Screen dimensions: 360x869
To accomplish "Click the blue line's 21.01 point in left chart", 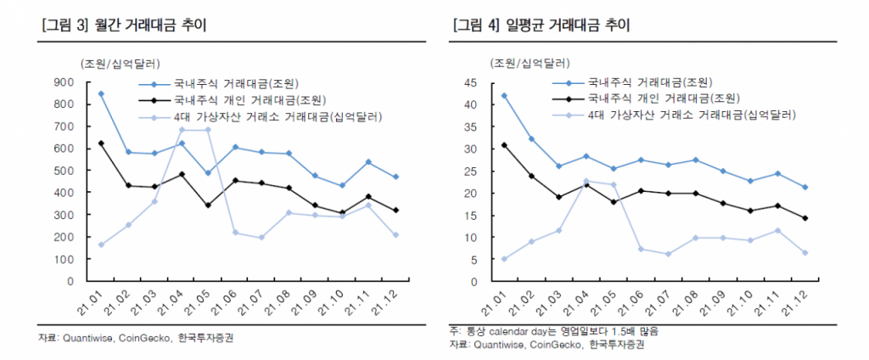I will [101, 93].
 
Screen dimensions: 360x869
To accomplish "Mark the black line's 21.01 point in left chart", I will [101, 143].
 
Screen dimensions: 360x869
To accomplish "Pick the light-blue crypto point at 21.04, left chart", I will [181, 130].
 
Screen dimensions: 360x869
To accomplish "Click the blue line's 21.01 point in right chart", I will [504, 95].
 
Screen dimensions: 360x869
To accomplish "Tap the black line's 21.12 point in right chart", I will [805, 218].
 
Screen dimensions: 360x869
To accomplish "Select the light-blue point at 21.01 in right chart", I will [504, 259].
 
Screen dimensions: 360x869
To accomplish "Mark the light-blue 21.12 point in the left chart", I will [396, 235].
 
